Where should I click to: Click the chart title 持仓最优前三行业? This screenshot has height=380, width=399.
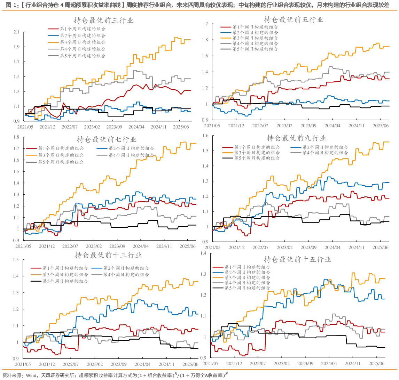point(103,21)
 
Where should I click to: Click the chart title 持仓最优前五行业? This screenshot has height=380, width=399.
point(294,20)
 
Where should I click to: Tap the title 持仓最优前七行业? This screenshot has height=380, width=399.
point(107,139)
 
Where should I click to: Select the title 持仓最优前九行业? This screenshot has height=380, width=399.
point(296,138)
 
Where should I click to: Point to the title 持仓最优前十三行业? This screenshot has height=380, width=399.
point(108,255)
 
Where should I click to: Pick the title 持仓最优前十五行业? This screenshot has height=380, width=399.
point(297,259)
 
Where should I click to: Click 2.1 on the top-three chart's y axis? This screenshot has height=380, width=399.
point(16,32)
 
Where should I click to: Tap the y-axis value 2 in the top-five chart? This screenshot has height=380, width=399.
point(207,24)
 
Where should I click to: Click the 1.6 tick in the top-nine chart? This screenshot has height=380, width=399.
point(205,136)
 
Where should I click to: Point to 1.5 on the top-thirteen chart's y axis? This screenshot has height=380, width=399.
point(15,260)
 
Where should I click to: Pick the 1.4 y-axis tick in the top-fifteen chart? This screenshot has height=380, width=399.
point(203,253)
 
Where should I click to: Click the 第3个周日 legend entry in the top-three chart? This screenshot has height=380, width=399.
point(83,42)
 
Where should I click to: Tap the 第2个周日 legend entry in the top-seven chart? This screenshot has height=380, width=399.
point(131,148)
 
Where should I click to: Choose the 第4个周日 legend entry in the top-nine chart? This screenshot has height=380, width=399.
point(325,153)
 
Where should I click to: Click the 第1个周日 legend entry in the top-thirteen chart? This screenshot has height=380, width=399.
point(65,268)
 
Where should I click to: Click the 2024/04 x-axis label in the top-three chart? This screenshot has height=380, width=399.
point(136,127)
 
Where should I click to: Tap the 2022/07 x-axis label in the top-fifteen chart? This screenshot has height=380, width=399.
point(258,363)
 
